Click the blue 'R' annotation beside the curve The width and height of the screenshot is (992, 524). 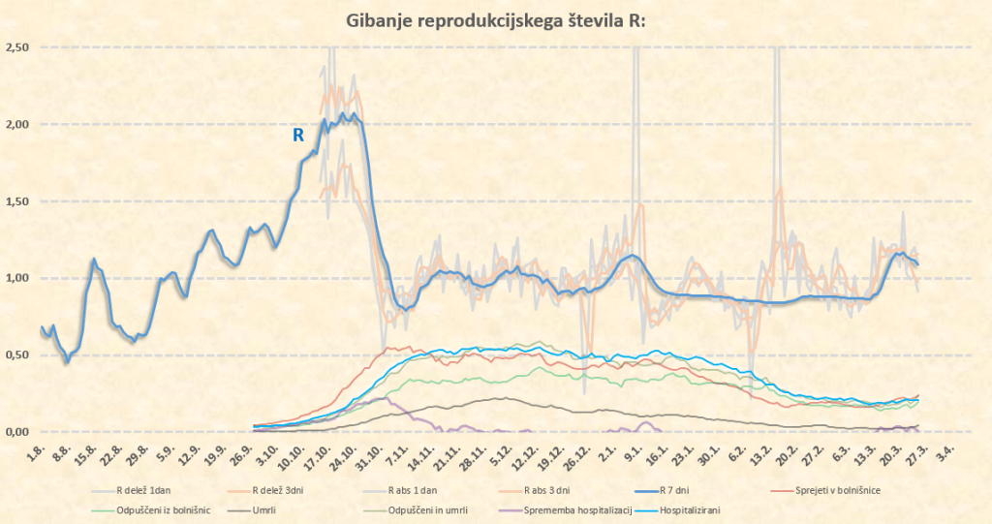pyautogui.click(x=298, y=137)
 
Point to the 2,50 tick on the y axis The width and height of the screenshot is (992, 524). pyautogui.click(x=17, y=47)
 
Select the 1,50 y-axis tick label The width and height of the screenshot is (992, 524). pyautogui.click(x=17, y=201)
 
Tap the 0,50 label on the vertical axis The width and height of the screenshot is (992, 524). pyautogui.click(x=17, y=355)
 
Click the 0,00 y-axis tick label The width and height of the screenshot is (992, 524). pyautogui.click(x=17, y=432)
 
